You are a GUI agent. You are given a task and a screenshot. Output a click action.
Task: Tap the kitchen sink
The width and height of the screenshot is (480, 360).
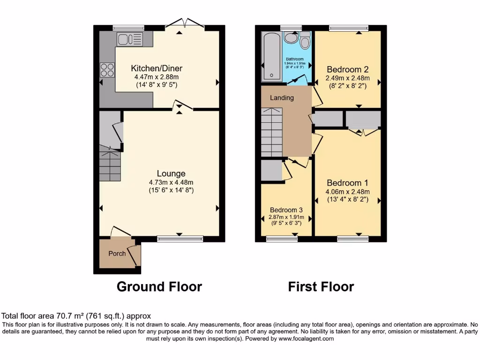pos(130,39)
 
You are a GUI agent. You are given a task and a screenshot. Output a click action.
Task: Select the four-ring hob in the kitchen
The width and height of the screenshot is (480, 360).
pos(107,70)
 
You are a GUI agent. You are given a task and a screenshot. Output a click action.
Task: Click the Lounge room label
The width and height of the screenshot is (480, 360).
pos(171,173)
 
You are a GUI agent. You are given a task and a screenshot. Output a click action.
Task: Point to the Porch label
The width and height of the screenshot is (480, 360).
pos(117,254)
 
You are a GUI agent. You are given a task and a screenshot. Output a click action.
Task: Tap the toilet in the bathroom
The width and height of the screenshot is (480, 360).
pos(305,41)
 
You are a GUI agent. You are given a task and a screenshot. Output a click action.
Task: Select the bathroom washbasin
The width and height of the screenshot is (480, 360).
pos(291,37)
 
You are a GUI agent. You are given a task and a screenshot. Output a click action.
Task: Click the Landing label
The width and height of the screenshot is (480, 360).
pos(282,98)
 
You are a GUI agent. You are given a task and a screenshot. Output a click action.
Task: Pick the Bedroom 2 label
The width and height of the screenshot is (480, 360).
pos(347,69)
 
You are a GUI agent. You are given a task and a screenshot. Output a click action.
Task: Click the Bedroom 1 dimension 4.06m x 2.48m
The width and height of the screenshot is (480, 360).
pos(348,191)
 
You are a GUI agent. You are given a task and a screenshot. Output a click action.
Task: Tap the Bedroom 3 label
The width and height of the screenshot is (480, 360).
pos(286,210)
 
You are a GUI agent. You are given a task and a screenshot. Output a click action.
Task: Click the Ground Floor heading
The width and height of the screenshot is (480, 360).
pos(159,286)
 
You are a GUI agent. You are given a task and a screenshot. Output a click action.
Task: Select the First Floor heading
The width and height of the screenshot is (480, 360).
pos(321,286)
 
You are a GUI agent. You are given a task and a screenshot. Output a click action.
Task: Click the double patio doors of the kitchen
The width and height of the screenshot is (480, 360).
pos(186,23)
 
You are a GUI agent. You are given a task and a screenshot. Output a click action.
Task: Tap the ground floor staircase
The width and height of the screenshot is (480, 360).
pos(110,164)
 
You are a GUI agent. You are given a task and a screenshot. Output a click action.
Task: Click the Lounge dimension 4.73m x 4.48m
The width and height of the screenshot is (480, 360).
pos(171,182)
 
